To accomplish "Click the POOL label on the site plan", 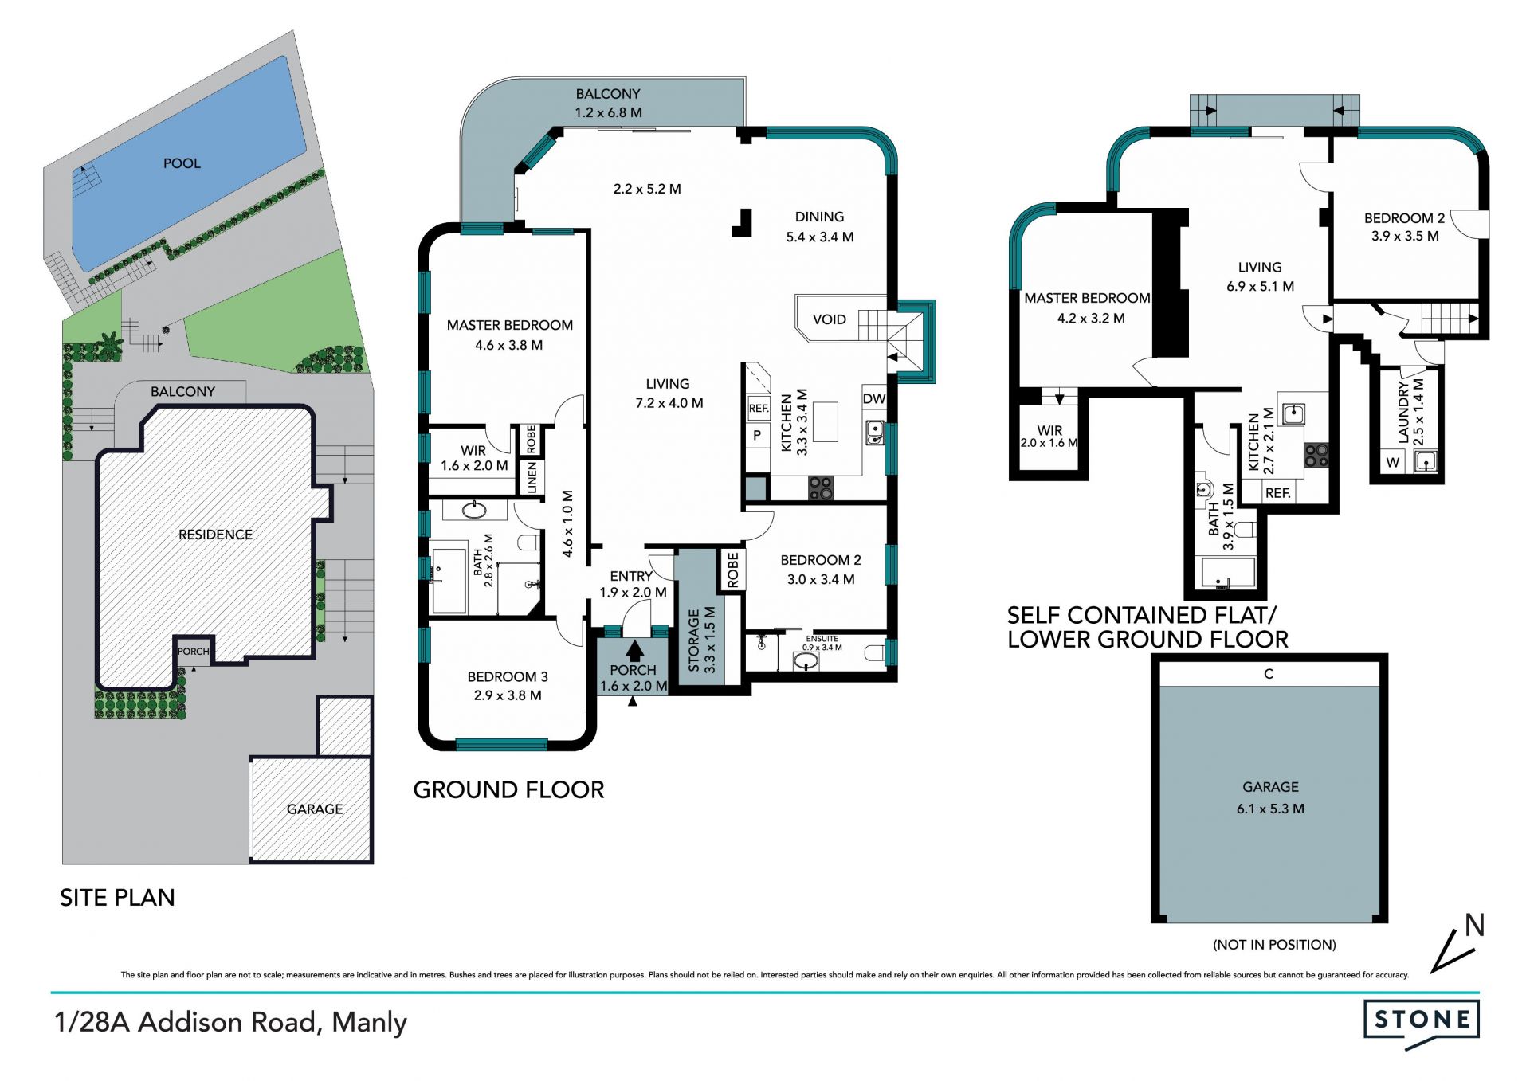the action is coord(182,163).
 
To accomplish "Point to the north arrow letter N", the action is coord(1474,925).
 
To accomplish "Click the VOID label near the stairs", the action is coord(830,319).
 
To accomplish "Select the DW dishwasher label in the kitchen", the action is coord(874,398).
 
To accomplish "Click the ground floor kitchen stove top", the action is coord(821,488).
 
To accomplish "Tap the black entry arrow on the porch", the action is coord(635,651).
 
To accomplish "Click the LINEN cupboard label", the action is coord(532,477).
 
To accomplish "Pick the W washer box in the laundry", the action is coord(1393,462).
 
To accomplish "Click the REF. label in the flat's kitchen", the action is coord(1278,493).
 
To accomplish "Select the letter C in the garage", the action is coord(1269,674).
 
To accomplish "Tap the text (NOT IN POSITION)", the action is coord(1274,945).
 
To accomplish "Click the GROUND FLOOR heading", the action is coord(508,790).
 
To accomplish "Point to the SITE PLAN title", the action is coord(117,898).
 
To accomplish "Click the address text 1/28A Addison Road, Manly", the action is coord(230,1022).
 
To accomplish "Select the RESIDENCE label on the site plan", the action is coord(215,535).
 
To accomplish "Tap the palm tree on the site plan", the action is coord(107,346).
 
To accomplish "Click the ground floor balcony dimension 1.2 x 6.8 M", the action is coord(608,112).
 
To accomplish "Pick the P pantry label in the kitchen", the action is coord(757,435).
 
